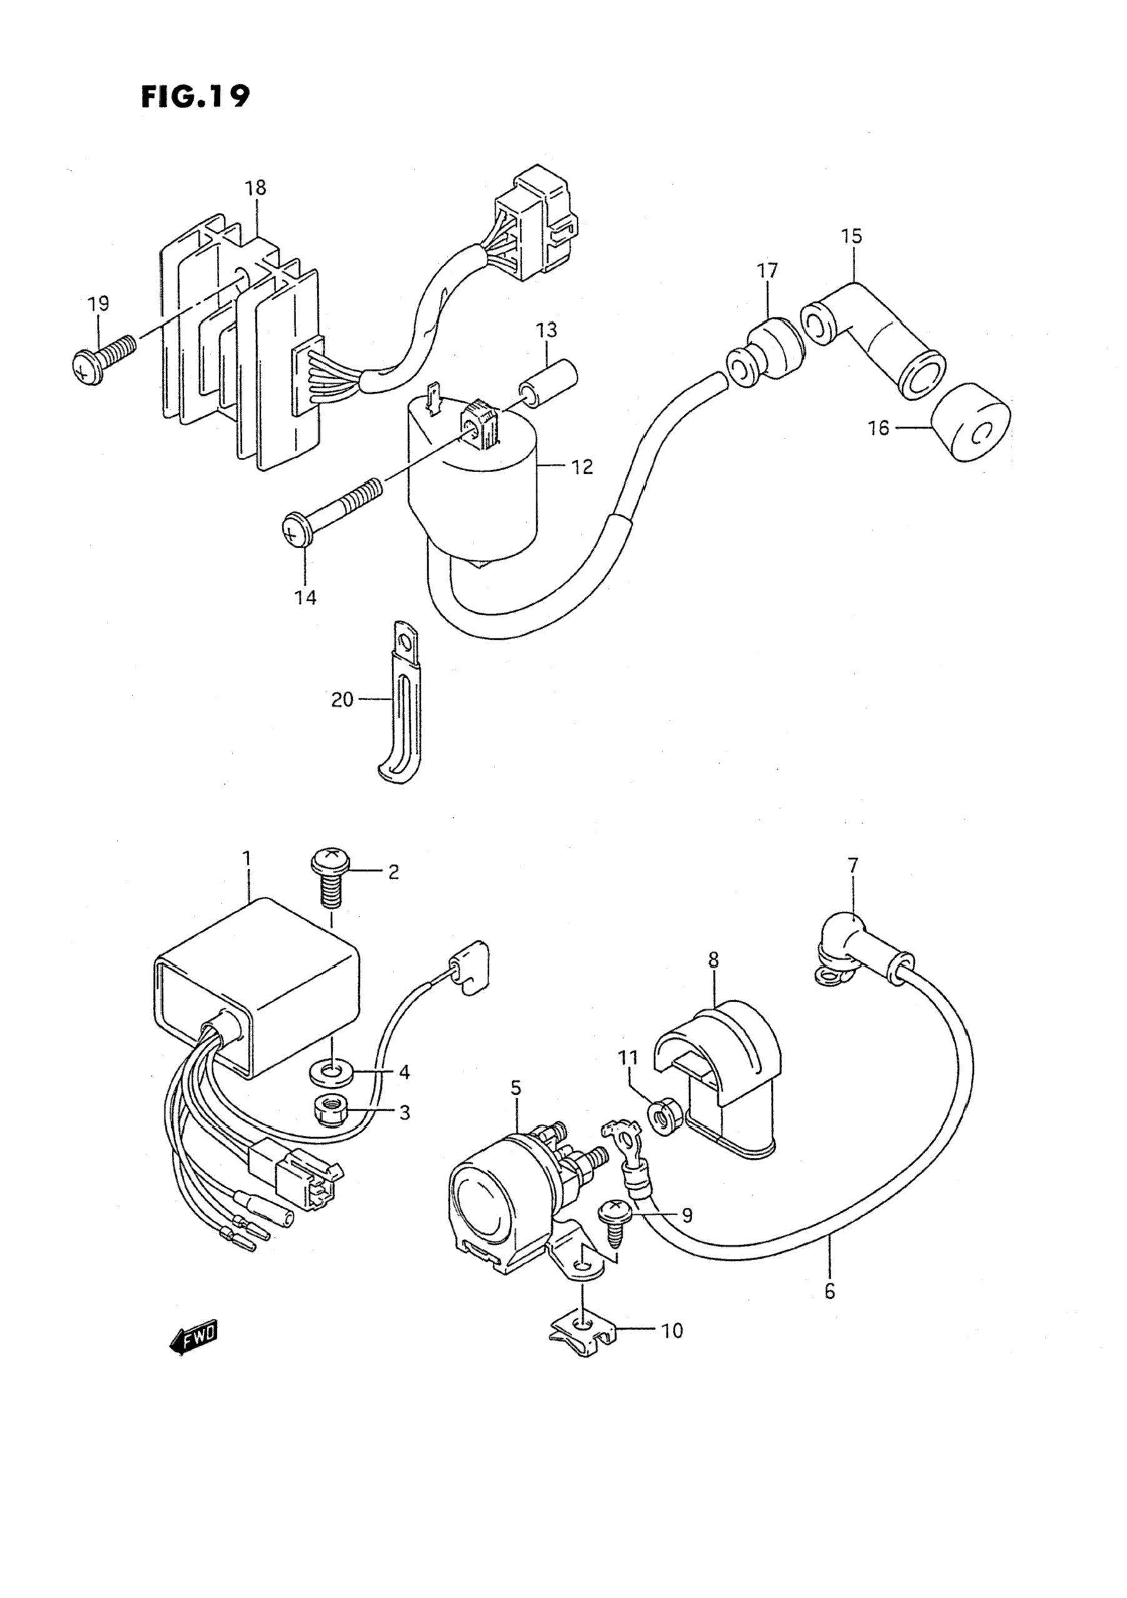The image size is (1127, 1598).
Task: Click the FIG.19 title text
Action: click(x=195, y=97)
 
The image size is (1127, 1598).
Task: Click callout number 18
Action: click(x=256, y=188)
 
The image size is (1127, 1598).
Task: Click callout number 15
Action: click(x=851, y=236)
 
